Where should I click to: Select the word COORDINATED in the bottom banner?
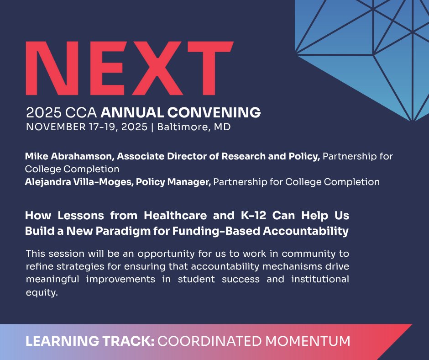pos(207,341)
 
